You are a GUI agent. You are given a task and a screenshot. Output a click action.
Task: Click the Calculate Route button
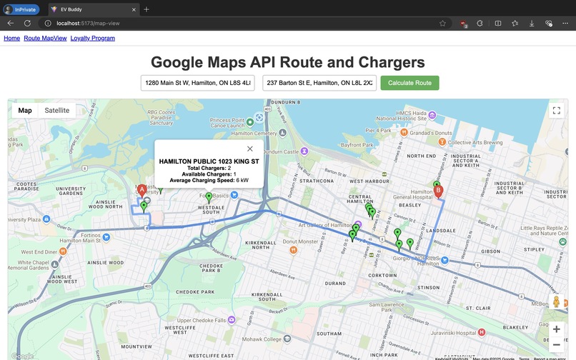(x=409, y=83)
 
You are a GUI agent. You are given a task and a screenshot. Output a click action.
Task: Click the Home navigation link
(x=11, y=38)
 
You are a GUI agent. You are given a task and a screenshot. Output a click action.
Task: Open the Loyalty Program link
(x=92, y=38)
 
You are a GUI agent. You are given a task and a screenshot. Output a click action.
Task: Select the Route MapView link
(x=45, y=38)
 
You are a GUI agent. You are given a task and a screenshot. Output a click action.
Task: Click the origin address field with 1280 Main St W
(x=198, y=83)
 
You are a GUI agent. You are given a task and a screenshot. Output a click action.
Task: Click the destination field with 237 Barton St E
(x=319, y=83)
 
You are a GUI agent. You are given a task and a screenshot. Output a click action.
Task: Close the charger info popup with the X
(x=249, y=149)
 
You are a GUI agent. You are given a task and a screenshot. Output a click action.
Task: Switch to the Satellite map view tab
(x=57, y=111)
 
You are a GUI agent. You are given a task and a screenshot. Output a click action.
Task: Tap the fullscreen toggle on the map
(x=556, y=111)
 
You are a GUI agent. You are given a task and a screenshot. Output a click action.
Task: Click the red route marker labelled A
(x=141, y=191)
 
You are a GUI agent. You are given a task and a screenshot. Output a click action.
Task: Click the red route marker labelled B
(x=439, y=191)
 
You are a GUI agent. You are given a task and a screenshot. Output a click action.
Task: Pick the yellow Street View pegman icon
(x=556, y=302)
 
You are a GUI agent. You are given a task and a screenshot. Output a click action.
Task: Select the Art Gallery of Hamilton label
(x=318, y=225)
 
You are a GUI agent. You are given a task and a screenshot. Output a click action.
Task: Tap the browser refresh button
(x=27, y=23)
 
